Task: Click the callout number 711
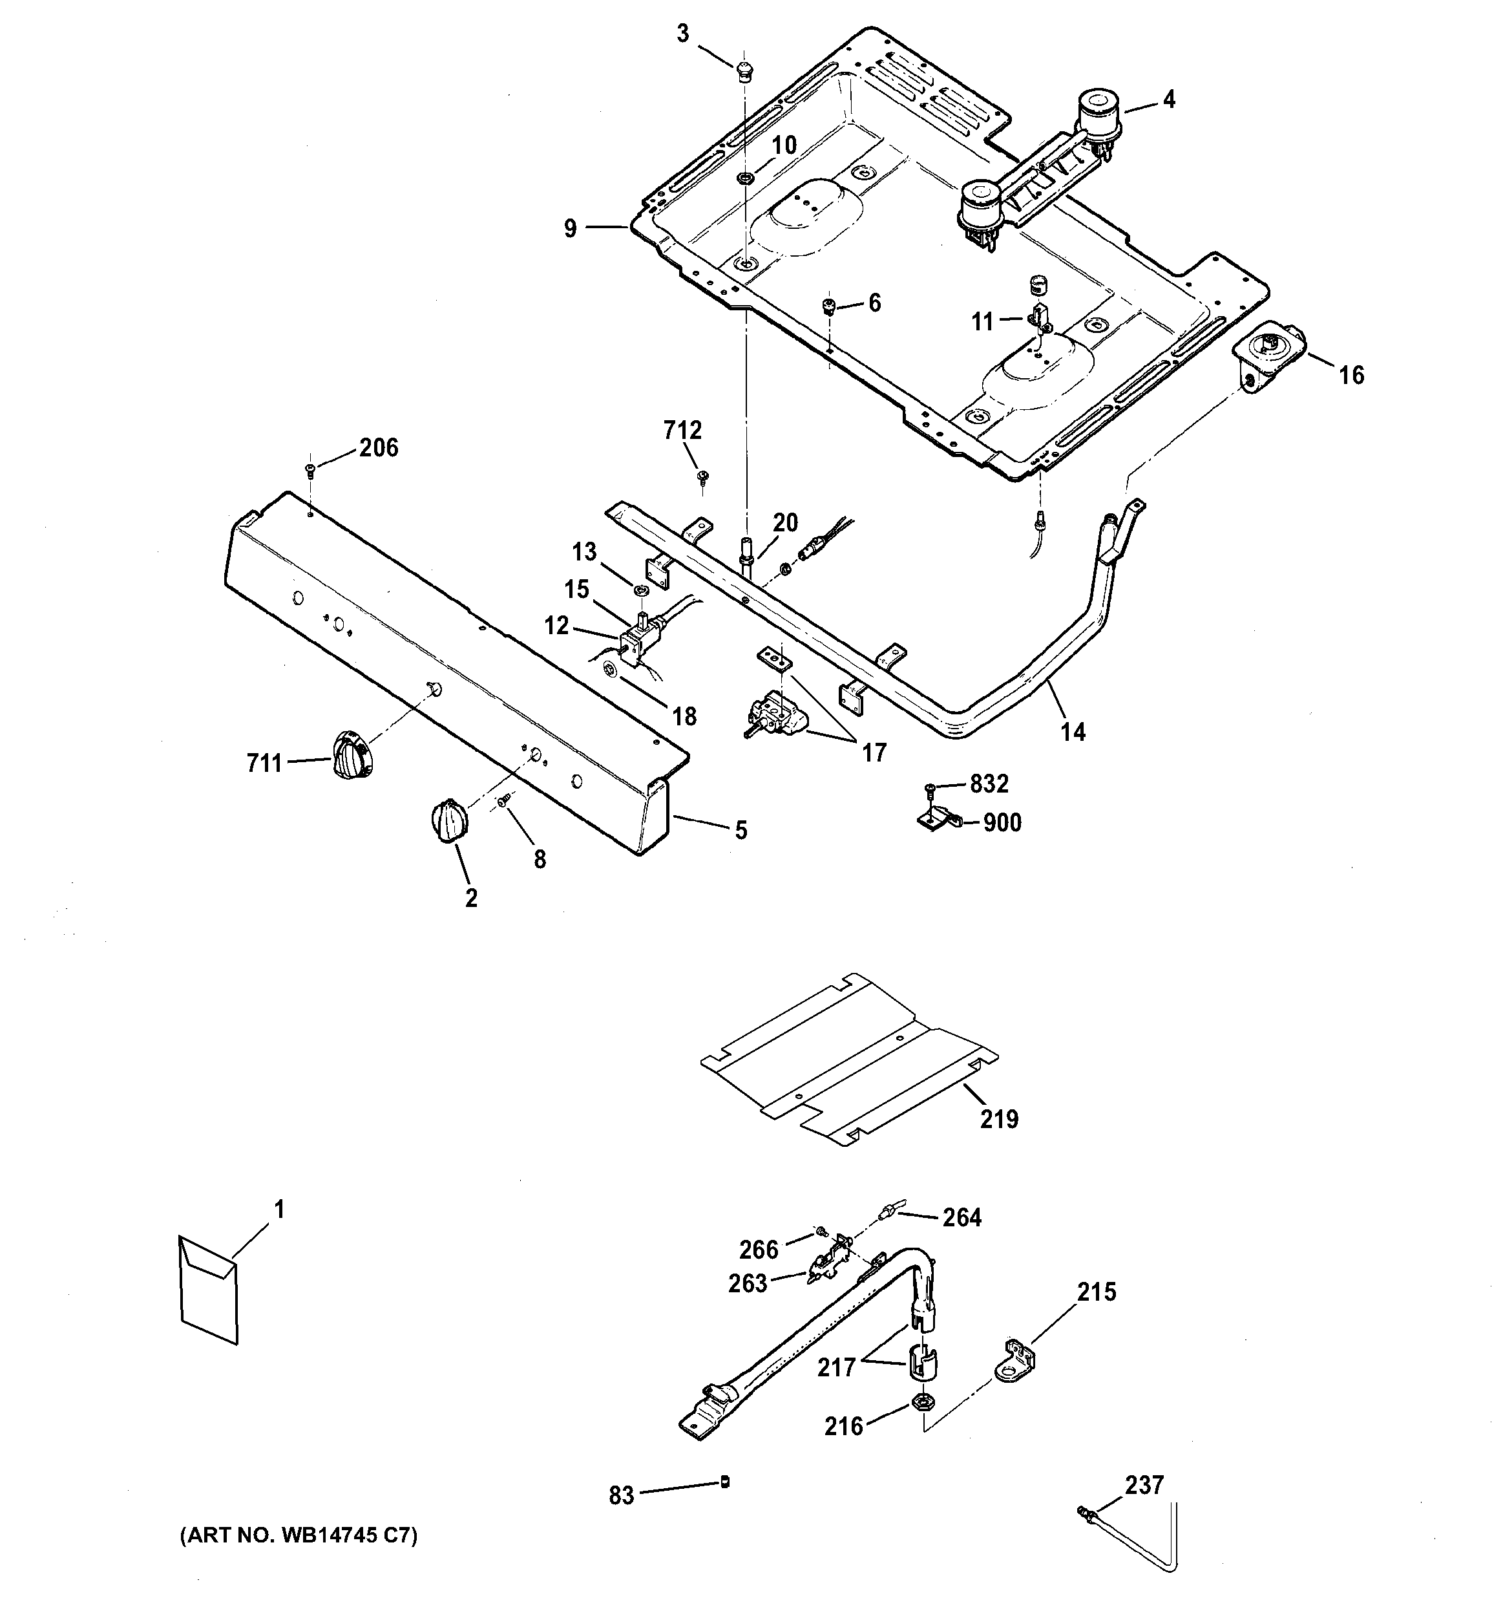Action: (264, 762)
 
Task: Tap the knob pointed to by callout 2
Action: (446, 822)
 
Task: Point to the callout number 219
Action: (998, 1119)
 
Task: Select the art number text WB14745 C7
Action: (298, 1535)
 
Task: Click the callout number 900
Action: (1002, 822)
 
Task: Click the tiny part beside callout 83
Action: (725, 1482)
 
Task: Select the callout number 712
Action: (682, 431)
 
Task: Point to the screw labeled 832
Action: (931, 787)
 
